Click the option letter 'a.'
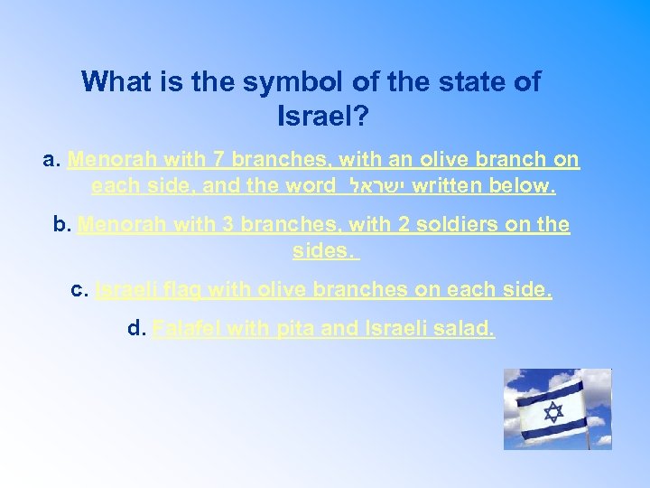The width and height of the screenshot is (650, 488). pos(52,161)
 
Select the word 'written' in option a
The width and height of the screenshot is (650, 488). pos(448,187)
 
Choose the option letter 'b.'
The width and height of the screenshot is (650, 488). pos(63,224)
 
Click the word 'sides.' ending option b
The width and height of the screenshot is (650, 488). pos(323,250)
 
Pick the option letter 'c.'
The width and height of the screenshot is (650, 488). pos(79,289)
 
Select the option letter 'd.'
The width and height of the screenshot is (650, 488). pos(137,328)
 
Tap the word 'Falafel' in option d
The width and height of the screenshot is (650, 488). pos(187,328)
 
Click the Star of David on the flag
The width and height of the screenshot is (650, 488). pos(552,413)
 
